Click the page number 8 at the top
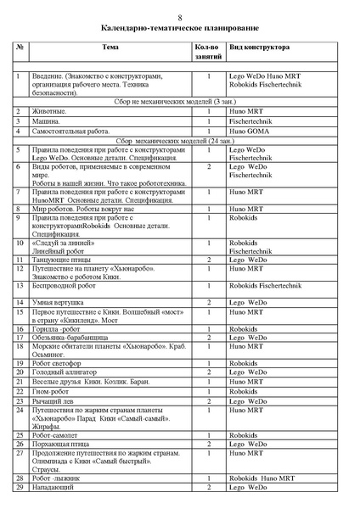coord(179,18)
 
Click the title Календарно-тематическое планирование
coord(179,29)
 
